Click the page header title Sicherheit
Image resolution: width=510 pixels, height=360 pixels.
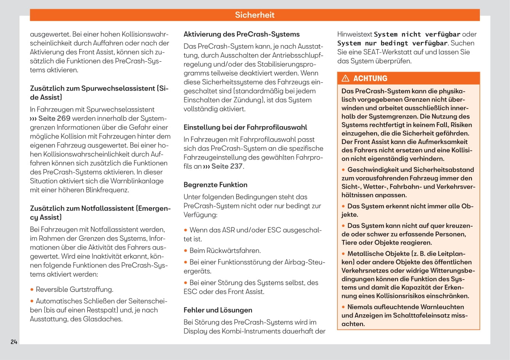[254, 15]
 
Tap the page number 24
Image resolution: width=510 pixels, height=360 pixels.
[14, 342]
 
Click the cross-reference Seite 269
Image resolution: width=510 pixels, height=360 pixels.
[54, 118]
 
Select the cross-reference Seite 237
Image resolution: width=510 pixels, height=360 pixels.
[227, 166]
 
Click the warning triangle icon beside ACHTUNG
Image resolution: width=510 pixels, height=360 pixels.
[345, 78]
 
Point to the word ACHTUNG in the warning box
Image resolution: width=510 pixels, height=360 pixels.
[370, 78]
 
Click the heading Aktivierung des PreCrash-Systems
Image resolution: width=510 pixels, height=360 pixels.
[241, 34]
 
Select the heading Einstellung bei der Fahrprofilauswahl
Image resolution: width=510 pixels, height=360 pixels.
[245, 128]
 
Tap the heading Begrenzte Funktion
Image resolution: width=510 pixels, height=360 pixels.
[216, 185]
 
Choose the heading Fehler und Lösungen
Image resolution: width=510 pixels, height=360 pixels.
[218, 310]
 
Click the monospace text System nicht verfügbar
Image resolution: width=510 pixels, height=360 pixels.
[417, 34]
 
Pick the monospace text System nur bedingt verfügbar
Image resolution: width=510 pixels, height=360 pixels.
[392, 43]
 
